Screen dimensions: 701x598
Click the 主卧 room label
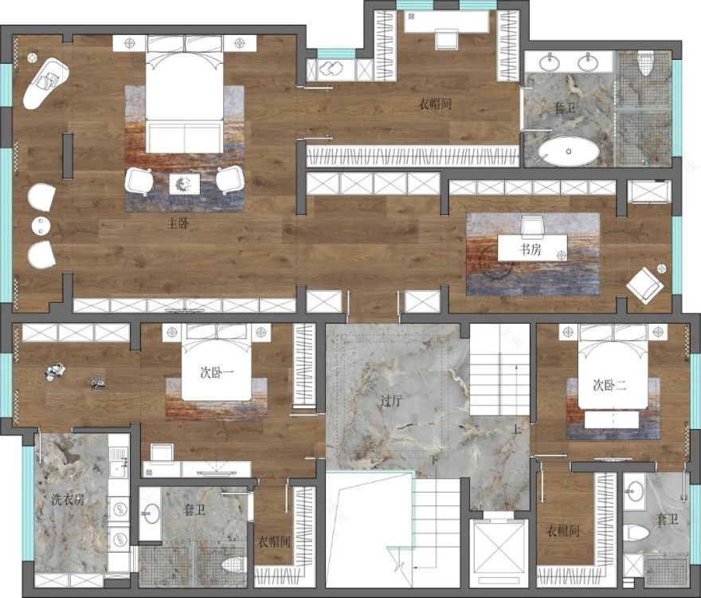pos(178,223)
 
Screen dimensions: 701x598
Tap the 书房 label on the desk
pos(531,250)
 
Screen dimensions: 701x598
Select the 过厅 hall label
pos(391,400)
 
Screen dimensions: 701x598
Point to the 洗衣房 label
pos(68,500)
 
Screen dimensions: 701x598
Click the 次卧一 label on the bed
pos(217,373)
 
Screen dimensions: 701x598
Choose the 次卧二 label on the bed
pos(610,385)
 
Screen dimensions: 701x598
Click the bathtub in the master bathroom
pos(569,151)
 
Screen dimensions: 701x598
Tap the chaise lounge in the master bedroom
pos(45,83)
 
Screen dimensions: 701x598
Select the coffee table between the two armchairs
pos(185,184)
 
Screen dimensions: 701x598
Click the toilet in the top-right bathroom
pos(644,64)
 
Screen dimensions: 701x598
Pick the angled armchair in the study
pos(644,285)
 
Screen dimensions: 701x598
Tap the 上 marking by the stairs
pos(516,431)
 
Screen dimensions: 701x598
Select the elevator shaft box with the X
pos(499,549)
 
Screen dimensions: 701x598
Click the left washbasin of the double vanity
pos(549,62)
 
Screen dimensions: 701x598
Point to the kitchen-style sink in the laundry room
pos(119,470)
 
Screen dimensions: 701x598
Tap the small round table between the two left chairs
pos(41,226)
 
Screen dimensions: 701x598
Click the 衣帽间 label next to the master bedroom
pos(435,104)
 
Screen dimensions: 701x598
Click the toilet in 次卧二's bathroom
pos(636,533)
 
